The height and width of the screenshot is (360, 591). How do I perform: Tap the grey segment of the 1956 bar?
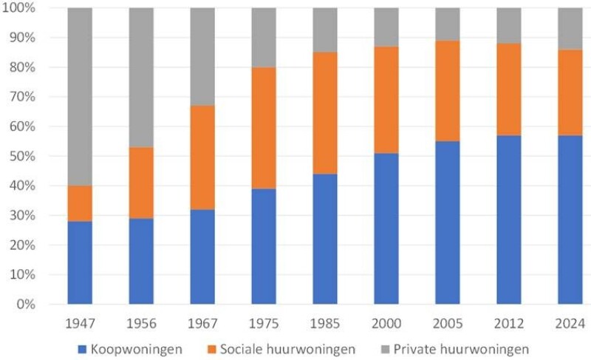(x=141, y=77)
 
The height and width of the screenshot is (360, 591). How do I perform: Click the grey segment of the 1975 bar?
(x=264, y=37)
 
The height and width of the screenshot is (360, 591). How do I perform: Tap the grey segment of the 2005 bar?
(x=448, y=24)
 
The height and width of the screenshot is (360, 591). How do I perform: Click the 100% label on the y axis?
(x=27, y=7)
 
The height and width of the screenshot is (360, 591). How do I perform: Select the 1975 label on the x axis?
(x=264, y=323)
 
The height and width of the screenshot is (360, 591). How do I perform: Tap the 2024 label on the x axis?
(x=570, y=323)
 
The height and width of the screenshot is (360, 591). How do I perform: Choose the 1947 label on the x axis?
(x=80, y=323)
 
